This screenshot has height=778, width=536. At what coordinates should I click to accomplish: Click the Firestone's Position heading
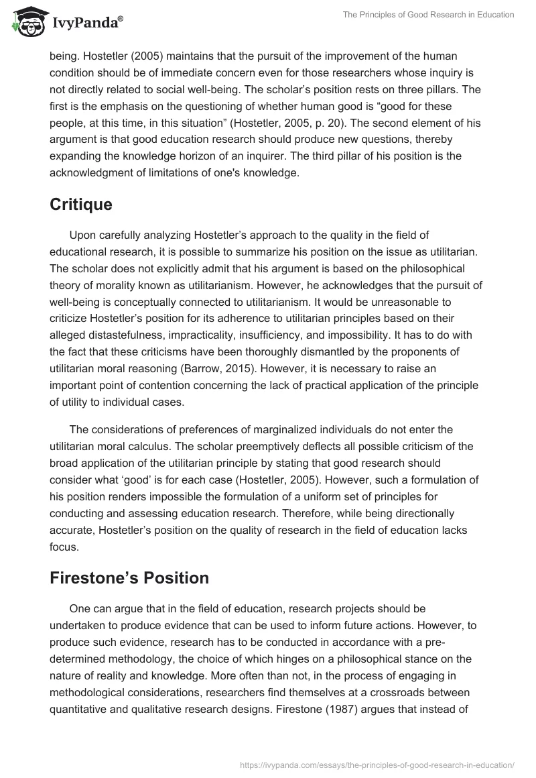(129, 577)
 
